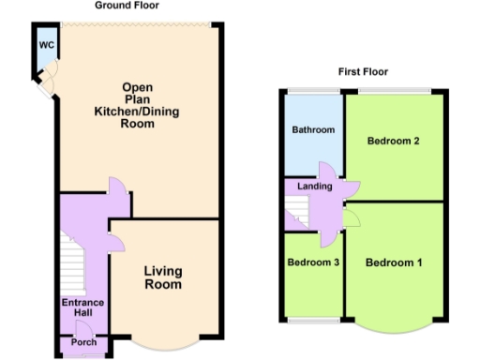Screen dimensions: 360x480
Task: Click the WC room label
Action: click(46, 44)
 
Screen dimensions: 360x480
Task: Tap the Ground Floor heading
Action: click(127, 6)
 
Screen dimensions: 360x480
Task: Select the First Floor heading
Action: click(363, 71)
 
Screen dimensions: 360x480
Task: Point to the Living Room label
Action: click(162, 277)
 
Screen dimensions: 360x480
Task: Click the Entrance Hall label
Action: click(82, 308)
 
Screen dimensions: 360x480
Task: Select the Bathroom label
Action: click(312, 130)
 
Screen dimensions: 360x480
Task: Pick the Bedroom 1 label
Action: click(393, 262)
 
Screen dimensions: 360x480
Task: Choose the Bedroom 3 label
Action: click(312, 262)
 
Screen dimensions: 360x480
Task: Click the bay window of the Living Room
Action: click(164, 345)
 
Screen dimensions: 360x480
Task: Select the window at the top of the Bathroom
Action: click(312, 90)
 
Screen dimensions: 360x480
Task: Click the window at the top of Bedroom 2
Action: click(394, 90)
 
